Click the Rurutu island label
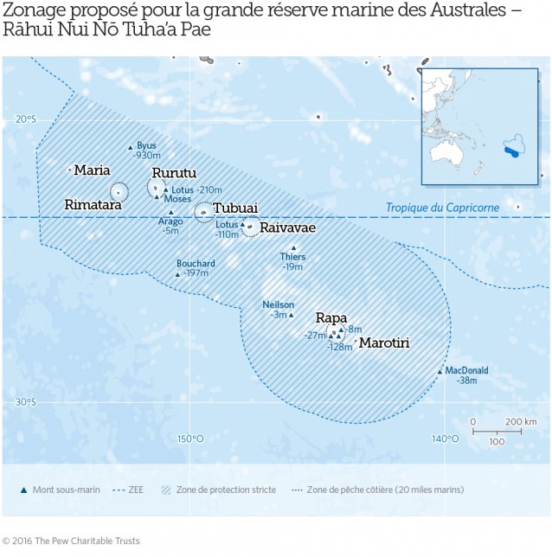point(174,173)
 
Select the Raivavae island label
point(287,227)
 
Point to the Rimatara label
point(93,205)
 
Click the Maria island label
point(92,170)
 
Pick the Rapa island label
point(331,317)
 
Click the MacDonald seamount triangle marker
point(440,371)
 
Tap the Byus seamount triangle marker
point(131,147)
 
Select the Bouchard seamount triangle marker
point(177,274)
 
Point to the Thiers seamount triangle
point(293,248)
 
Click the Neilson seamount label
point(279,304)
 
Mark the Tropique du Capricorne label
point(441,208)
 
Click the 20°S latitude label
point(25,120)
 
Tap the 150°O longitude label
point(190,439)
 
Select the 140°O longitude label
point(445,439)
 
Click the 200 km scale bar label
point(520,421)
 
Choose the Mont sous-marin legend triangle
point(23,490)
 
